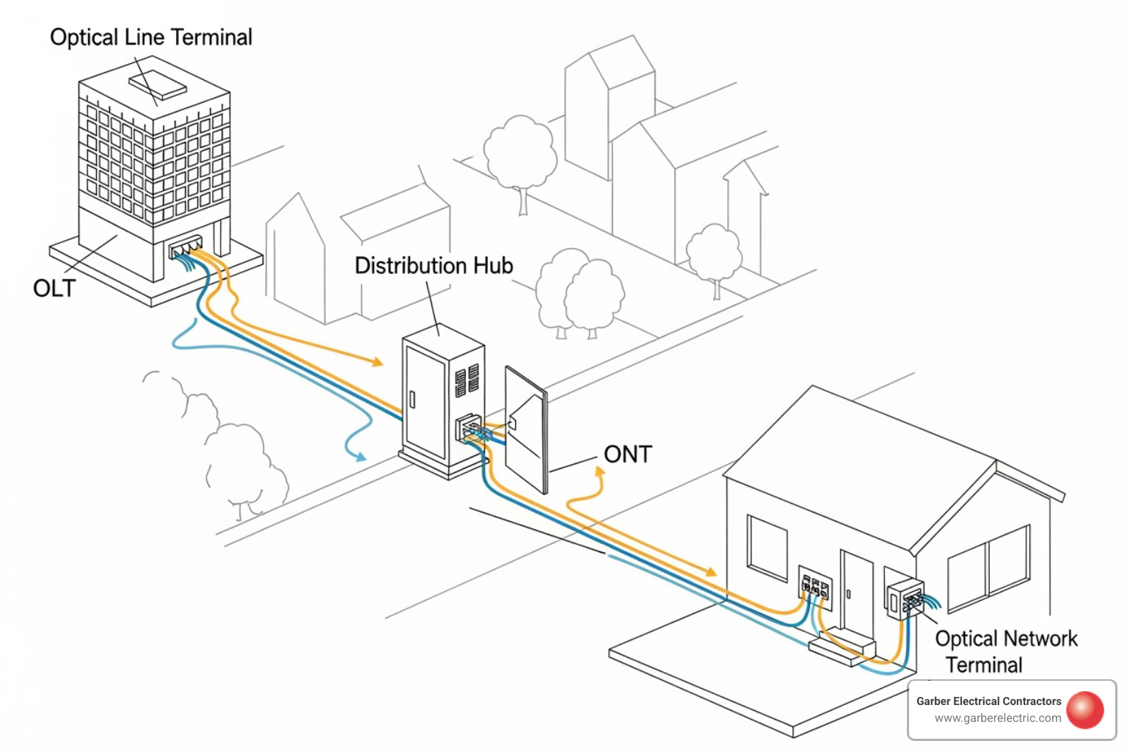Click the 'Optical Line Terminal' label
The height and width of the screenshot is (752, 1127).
click(151, 37)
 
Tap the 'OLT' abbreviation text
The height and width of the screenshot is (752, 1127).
click(54, 288)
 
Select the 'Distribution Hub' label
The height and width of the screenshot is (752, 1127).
click(434, 266)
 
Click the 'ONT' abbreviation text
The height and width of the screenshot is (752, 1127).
click(627, 455)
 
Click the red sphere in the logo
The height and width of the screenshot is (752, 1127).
click(1085, 709)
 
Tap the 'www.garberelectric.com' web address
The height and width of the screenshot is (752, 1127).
click(997, 718)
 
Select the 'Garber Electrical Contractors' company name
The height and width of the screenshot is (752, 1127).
click(988, 701)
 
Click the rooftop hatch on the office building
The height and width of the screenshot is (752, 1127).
click(157, 84)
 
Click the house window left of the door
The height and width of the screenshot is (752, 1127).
click(767, 548)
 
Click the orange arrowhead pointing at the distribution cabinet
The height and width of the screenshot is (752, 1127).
click(378, 361)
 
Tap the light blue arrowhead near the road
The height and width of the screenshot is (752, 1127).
click(360, 458)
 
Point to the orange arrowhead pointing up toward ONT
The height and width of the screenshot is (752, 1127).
click(599, 474)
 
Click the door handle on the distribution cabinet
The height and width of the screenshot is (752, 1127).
click(412, 399)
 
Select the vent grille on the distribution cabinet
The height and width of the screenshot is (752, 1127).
click(467, 380)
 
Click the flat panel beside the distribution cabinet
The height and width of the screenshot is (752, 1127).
click(526, 430)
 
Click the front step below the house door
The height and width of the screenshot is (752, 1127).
click(842, 649)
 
